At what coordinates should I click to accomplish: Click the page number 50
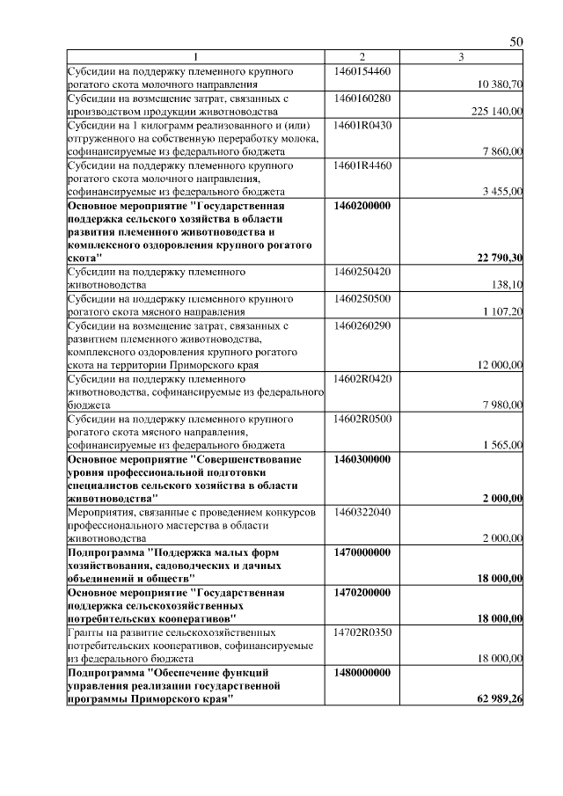tap(516, 42)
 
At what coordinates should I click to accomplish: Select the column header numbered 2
tap(362, 57)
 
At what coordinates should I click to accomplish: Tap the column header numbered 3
tap(460, 57)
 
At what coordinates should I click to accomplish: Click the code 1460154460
tap(362, 70)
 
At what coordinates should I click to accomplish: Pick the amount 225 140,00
tap(498, 112)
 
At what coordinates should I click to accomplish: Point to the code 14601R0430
tap(362, 125)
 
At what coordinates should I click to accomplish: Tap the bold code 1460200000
tap(362, 205)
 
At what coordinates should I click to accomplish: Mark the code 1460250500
tap(362, 298)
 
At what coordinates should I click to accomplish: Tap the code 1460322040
tap(362, 512)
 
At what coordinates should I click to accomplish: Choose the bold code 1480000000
tap(362, 672)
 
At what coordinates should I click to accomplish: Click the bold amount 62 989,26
tap(501, 700)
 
